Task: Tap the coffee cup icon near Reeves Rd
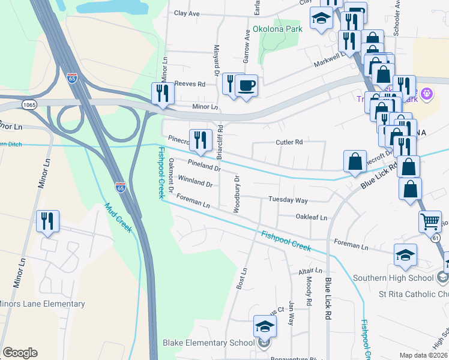pyautogui.click(x=246, y=85)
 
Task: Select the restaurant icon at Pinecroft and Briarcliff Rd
pyautogui.click(x=200, y=140)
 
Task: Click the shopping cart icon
pyautogui.click(x=430, y=221)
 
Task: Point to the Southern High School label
pyautogui.click(x=393, y=278)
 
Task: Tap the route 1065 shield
pyautogui.click(x=28, y=105)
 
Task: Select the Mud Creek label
pyautogui.click(x=118, y=218)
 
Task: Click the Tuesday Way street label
pyautogui.click(x=288, y=200)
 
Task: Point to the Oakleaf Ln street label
pyautogui.click(x=312, y=217)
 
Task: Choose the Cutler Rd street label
pyautogui.click(x=289, y=142)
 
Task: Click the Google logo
pyautogui.click(x=20, y=353)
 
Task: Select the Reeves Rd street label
pyautogui.click(x=190, y=85)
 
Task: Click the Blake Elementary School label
pyautogui.click(x=208, y=343)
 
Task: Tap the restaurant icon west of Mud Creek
pyautogui.click(x=47, y=221)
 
